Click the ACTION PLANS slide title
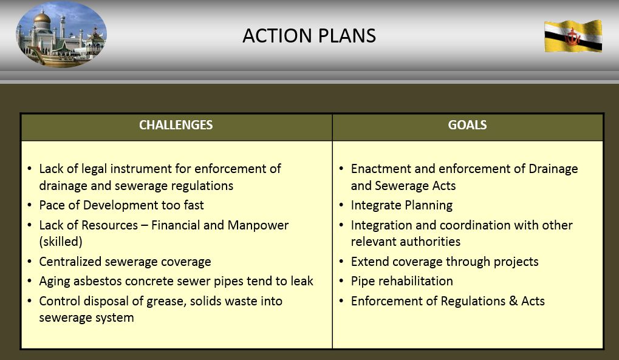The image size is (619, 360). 309,36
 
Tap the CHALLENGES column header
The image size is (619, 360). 176,125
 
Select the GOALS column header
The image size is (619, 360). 467,125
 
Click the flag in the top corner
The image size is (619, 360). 573,36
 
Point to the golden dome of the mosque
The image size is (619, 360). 42,18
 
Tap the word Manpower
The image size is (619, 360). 258,225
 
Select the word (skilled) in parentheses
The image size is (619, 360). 61,242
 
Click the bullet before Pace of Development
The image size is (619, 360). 30,205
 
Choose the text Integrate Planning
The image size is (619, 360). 402,205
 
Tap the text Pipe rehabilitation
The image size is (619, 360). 402,281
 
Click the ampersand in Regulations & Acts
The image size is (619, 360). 513,301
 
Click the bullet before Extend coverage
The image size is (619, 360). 341,262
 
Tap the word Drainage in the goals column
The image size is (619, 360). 553,169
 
